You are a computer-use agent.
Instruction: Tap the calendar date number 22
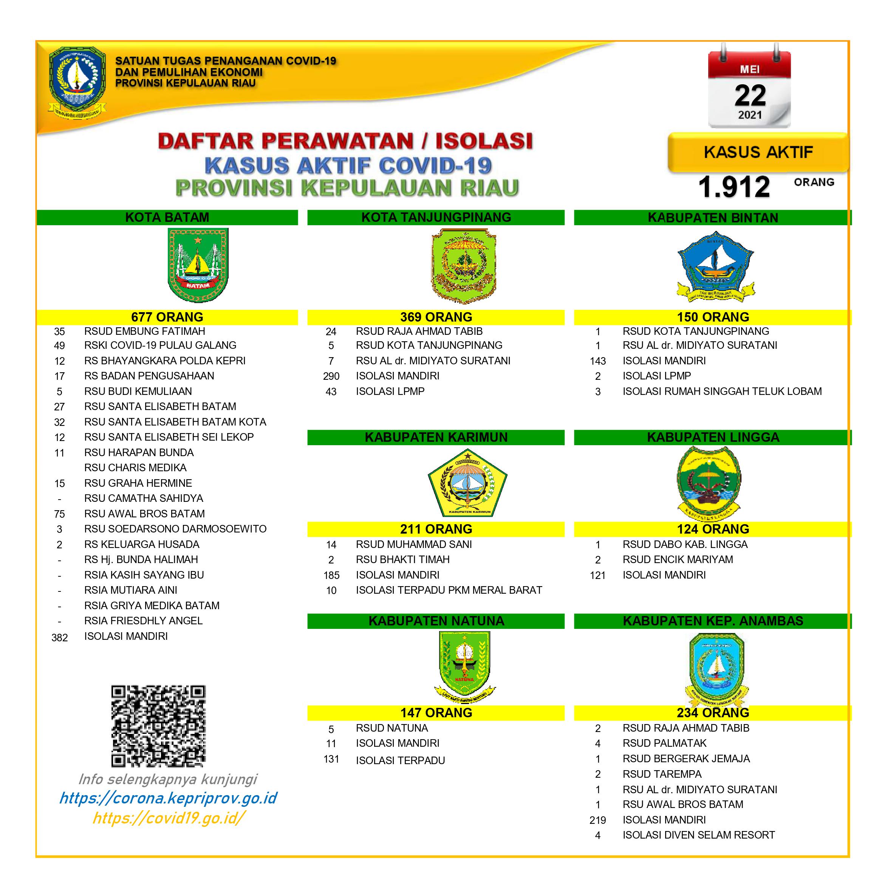point(750,96)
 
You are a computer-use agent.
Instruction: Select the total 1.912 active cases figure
point(734,187)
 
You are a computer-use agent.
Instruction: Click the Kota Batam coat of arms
point(198,265)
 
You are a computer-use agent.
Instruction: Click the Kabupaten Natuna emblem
point(464,666)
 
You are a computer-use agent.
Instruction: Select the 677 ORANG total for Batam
point(167,317)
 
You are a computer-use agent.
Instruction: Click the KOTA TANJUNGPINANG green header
point(436,217)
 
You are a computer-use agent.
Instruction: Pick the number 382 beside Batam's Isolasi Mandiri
point(60,638)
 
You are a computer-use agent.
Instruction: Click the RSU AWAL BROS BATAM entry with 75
point(144,514)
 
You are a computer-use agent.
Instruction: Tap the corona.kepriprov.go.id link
point(168,798)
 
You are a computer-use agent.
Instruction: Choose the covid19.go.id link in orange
point(168,818)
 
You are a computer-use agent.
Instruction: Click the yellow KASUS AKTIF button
point(758,152)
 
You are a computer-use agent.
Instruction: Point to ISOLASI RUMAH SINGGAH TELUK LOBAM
point(722,392)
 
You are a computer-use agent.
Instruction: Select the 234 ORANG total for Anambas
point(713,713)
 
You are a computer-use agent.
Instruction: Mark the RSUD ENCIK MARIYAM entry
point(678,560)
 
